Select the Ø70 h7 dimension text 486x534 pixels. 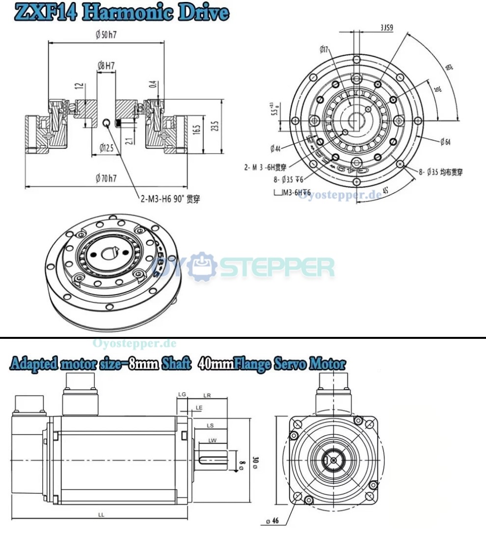click(x=106, y=178)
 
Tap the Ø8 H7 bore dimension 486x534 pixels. click(x=106, y=65)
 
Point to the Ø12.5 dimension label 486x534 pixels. click(x=106, y=147)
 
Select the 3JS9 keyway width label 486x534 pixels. click(x=386, y=28)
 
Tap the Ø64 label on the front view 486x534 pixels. click(x=445, y=142)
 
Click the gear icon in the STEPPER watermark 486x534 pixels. click(x=203, y=267)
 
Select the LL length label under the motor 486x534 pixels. click(x=101, y=515)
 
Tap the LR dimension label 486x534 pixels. click(x=207, y=395)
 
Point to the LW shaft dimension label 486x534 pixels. click(x=212, y=441)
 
